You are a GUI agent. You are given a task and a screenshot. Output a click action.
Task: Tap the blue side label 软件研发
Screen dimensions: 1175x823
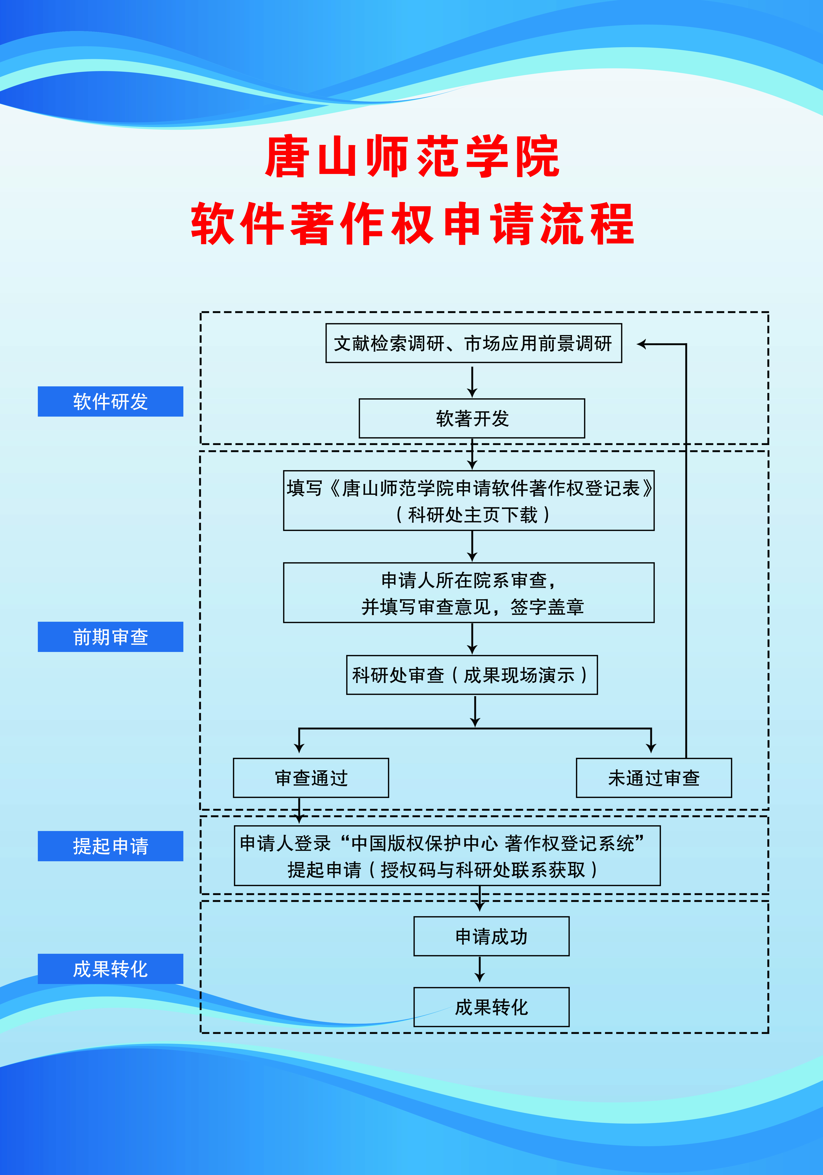click(x=110, y=401)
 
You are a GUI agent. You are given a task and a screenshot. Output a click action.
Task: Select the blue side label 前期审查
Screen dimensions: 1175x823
click(x=110, y=637)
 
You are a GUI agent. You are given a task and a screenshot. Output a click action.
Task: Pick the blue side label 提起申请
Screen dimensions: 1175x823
click(x=110, y=846)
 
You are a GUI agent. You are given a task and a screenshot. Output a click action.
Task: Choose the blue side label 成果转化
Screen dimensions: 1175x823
click(x=110, y=969)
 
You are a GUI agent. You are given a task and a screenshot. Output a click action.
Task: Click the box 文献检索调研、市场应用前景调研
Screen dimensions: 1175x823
click(x=473, y=343)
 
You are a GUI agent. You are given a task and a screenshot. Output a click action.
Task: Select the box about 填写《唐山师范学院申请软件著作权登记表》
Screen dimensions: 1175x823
click(x=469, y=501)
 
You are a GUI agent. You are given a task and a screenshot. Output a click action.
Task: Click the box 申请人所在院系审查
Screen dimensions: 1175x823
click(x=469, y=593)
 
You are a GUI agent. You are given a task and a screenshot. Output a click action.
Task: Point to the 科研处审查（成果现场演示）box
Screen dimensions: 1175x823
click(x=472, y=675)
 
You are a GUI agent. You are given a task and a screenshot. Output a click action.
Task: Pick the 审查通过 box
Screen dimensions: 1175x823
click(x=311, y=778)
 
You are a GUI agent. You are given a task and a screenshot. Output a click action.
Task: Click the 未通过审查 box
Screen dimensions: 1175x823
click(x=654, y=778)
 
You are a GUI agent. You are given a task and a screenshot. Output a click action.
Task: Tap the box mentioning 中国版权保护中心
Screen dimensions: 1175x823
click(x=447, y=856)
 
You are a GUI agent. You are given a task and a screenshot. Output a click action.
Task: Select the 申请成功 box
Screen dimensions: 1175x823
click(x=491, y=936)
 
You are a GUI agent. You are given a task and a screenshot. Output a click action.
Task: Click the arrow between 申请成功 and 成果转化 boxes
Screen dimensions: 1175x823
click(x=479, y=970)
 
